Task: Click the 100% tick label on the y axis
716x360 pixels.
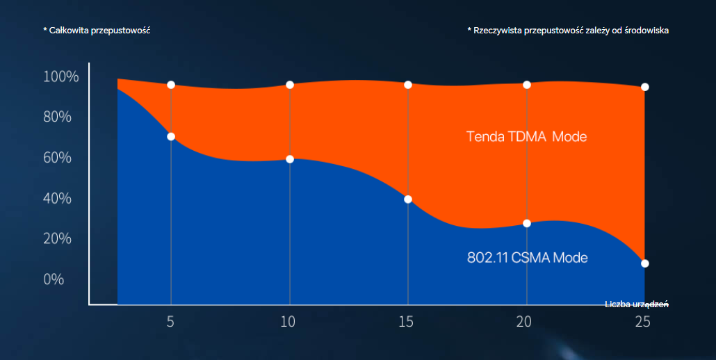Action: pos(61,76)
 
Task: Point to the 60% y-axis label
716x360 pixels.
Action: pos(57,158)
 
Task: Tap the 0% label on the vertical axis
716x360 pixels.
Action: pos(54,279)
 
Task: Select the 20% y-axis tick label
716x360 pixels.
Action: pos(57,238)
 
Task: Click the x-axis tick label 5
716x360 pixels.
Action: pos(170,322)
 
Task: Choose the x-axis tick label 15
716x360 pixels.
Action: pos(407,322)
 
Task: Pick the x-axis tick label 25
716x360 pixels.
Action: pos(644,322)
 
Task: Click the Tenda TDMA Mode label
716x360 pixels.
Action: pos(526,137)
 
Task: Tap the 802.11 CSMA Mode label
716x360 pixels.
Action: pos(527,258)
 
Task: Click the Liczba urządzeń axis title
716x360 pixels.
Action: pos(636,304)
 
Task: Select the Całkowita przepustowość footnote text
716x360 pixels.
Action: pos(97,31)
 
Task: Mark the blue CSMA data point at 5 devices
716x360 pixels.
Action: pos(171,136)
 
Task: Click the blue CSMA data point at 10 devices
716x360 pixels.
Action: pos(290,159)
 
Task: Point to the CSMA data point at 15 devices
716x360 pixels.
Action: pos(408,199)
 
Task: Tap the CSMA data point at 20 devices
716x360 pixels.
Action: pos(527,223)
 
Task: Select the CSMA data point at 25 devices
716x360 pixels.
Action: pos(645,263)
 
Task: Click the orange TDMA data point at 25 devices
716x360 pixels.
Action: pos(645,87)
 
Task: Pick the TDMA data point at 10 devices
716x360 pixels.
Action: pos(290,85)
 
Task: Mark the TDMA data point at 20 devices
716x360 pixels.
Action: pos(527,85)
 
